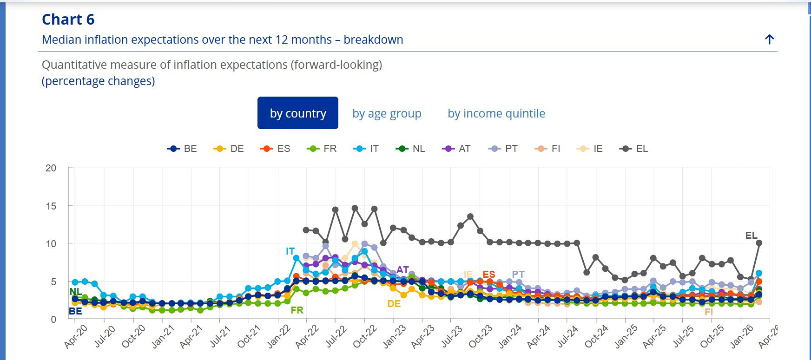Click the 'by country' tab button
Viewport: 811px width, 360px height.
pyautogui.click(x=298, y=113)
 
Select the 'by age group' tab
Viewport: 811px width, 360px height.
pyautogui.click(x=387, y=113)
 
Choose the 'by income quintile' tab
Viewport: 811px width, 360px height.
pyautogui.click(x=496, y=113)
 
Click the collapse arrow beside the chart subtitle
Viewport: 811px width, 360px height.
pyautogui.click(x=769, y=39)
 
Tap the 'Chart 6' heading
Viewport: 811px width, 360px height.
pyautogui.click(x=68, y=20)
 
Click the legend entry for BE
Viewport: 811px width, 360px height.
pyautogui.click(x=182, y=149)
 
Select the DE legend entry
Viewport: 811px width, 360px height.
pyautogui.click(x=229, y=149)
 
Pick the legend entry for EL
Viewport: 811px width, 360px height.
pyautogui.click(x=634, y=149)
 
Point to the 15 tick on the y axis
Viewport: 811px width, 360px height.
pyautogui.click(x=51, y=206)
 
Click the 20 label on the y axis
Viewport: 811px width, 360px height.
pyautogui.click(x=51, y=168)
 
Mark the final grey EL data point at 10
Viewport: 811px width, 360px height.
pyautogui.click(x=759, y=243)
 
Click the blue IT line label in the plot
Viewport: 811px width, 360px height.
pyautogui.click(x=290, y=251)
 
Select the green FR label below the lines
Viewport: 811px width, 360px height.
pyautogui.click(x=297, y=310)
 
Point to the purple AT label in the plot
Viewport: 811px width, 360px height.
pyautogui.click(x=402, y=270)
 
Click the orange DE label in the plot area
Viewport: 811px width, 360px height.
pyautogui.click(x=394, y=304)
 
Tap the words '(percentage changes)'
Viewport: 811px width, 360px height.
pyautogui.click(x=99, y=81)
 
